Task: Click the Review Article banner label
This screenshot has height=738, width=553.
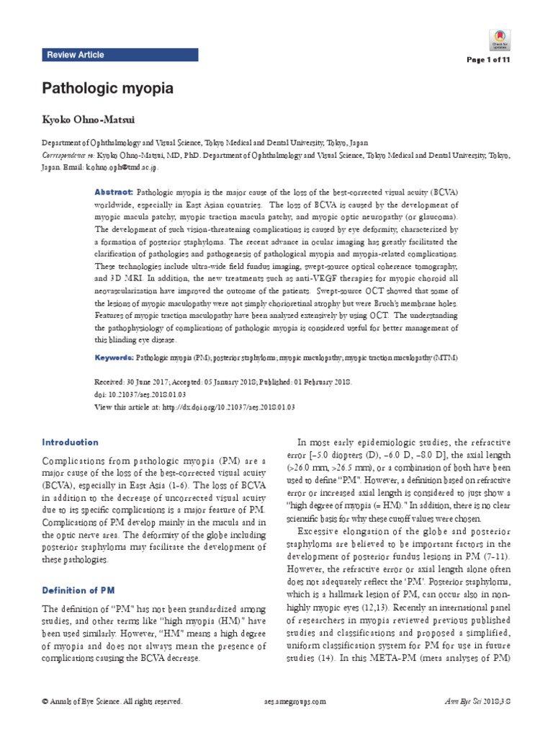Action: click(x=75, y=55)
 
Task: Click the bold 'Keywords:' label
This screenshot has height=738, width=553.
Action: click(x=114, y=357)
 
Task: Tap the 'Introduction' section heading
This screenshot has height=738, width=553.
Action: click(x=70, y=442)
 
